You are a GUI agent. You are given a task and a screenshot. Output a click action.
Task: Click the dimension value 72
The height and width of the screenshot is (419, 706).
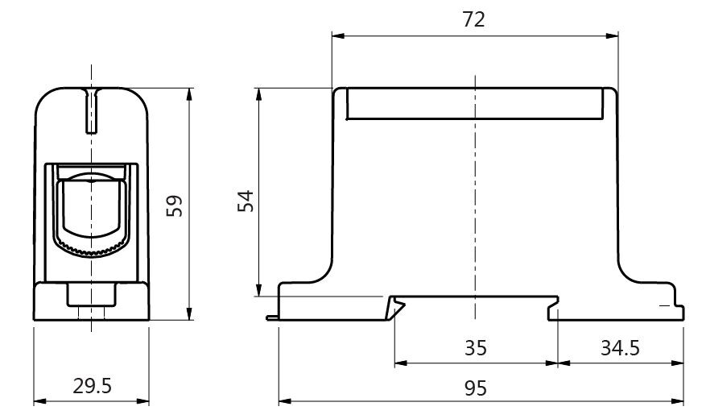click(473, 19)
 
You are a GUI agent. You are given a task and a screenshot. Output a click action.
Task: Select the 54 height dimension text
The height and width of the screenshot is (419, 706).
click(246, 201)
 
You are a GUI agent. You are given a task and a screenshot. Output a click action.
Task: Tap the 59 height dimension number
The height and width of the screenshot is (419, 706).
click(174, 206)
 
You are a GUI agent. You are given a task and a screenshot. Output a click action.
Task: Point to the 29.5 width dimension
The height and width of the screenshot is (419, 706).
click(92, 386)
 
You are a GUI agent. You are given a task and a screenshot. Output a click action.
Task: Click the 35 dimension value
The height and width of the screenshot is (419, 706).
click(476, 348)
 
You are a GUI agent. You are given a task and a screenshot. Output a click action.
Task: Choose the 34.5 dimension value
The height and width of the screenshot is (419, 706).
click(620, 348)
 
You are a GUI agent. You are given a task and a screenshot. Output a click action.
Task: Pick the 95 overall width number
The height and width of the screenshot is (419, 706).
click(476, 388)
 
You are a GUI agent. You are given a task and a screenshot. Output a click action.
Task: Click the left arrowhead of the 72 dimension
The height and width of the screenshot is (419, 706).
click(338, 35)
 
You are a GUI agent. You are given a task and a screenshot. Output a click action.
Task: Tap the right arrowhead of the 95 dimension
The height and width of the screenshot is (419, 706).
click(678, 401)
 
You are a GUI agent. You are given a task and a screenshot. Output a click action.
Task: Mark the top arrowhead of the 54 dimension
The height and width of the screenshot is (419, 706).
click(258, 94)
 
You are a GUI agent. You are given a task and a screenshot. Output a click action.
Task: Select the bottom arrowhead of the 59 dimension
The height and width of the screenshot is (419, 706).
click(189, 314)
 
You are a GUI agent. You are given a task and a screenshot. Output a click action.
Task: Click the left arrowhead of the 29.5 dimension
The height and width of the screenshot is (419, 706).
click(40, 401)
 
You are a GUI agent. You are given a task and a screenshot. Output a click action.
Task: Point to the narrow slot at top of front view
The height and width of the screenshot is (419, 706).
click(92, 110)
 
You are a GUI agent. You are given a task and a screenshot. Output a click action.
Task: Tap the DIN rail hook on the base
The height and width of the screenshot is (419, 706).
click(396, 307)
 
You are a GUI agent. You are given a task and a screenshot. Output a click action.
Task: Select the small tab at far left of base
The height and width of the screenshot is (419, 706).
click(272, 318)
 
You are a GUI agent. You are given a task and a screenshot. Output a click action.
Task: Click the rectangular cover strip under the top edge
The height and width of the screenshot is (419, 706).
click(475, 104)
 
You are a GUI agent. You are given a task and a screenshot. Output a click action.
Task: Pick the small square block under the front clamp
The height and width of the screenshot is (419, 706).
click(92, 295)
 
